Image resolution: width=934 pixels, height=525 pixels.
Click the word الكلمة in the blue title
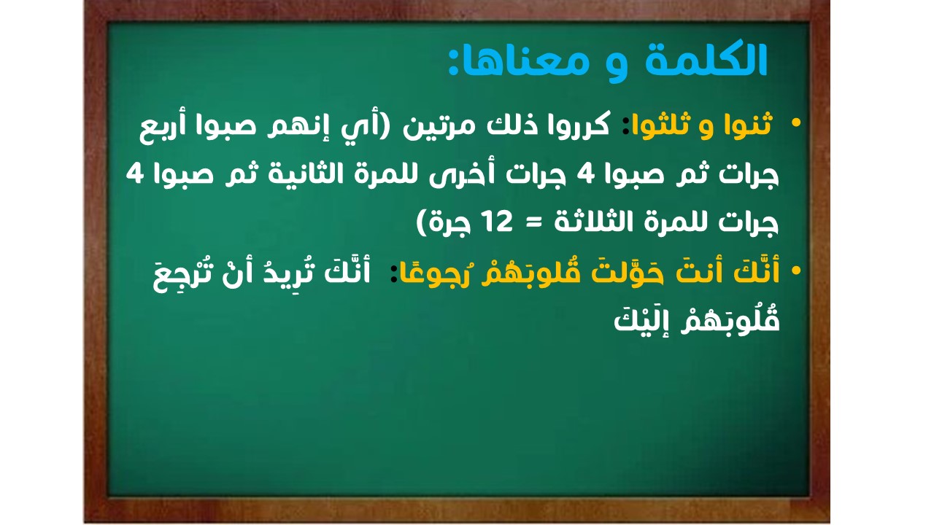coord(706,61)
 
